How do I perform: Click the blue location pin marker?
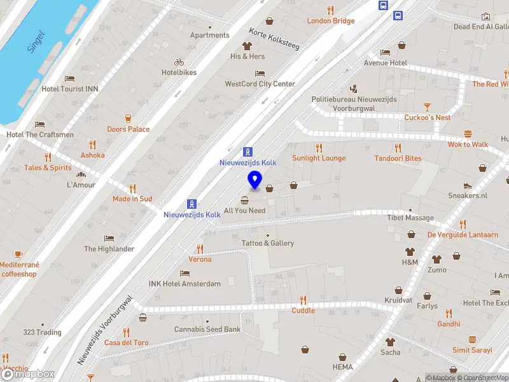[x=254, y=180]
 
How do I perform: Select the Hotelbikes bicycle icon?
[x=179, y=62]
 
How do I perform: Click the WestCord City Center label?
[x=260, y=84]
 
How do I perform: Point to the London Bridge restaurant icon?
[x=330, y=10]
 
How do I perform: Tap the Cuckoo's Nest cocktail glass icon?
[x=427, y=107]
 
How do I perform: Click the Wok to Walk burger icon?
[x=468, y=134]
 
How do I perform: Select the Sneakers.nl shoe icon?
[x=468, y=185]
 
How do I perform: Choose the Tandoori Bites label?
[x=398, y=159]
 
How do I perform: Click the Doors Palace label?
[x=128, y=129]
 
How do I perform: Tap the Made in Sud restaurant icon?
[x=132, y=188]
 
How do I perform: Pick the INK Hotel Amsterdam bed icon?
[x=185, y=273]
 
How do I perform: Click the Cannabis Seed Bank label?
[x=207, y=329]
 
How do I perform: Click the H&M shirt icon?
[x=410, y=251]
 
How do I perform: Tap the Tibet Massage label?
[x=410, y=218]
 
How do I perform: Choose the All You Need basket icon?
[x=244, y=200]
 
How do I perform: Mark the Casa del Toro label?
[x=126, y=343]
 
